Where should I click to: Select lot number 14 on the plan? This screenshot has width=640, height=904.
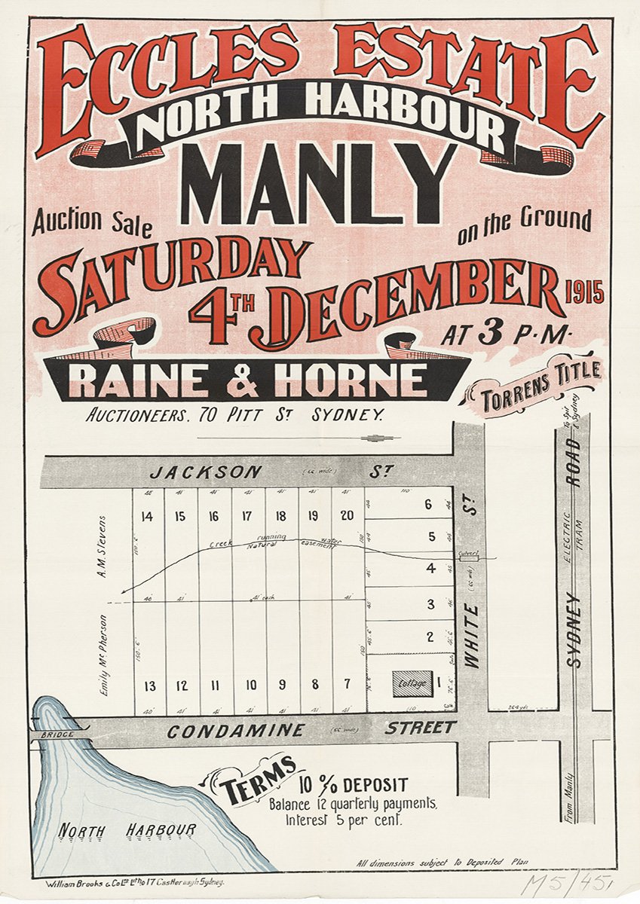pyautogui.click(x=146, y=517)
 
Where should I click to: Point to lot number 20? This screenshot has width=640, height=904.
pyautogui.click(x=347, y=516)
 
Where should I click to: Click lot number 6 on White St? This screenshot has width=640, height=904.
pyautogui.click(x=428, y=505)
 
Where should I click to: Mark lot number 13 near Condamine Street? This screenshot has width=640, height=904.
pyautogui.click(x=150, y=686)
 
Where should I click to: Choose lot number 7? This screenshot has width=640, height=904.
pyautogui.click(x=347, y=685)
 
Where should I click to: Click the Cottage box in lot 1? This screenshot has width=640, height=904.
pyautogui.click(x=412, y=683)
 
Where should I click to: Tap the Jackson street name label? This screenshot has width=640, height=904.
pyautogui.click(x=206, y=473)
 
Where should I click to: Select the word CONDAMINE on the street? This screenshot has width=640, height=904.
pyautogui.click(x=236, y=731)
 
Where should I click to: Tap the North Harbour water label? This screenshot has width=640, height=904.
pyautogui.click(x=127, y=830)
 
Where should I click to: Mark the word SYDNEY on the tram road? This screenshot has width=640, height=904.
pyautogui.click(x=574, y=629)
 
